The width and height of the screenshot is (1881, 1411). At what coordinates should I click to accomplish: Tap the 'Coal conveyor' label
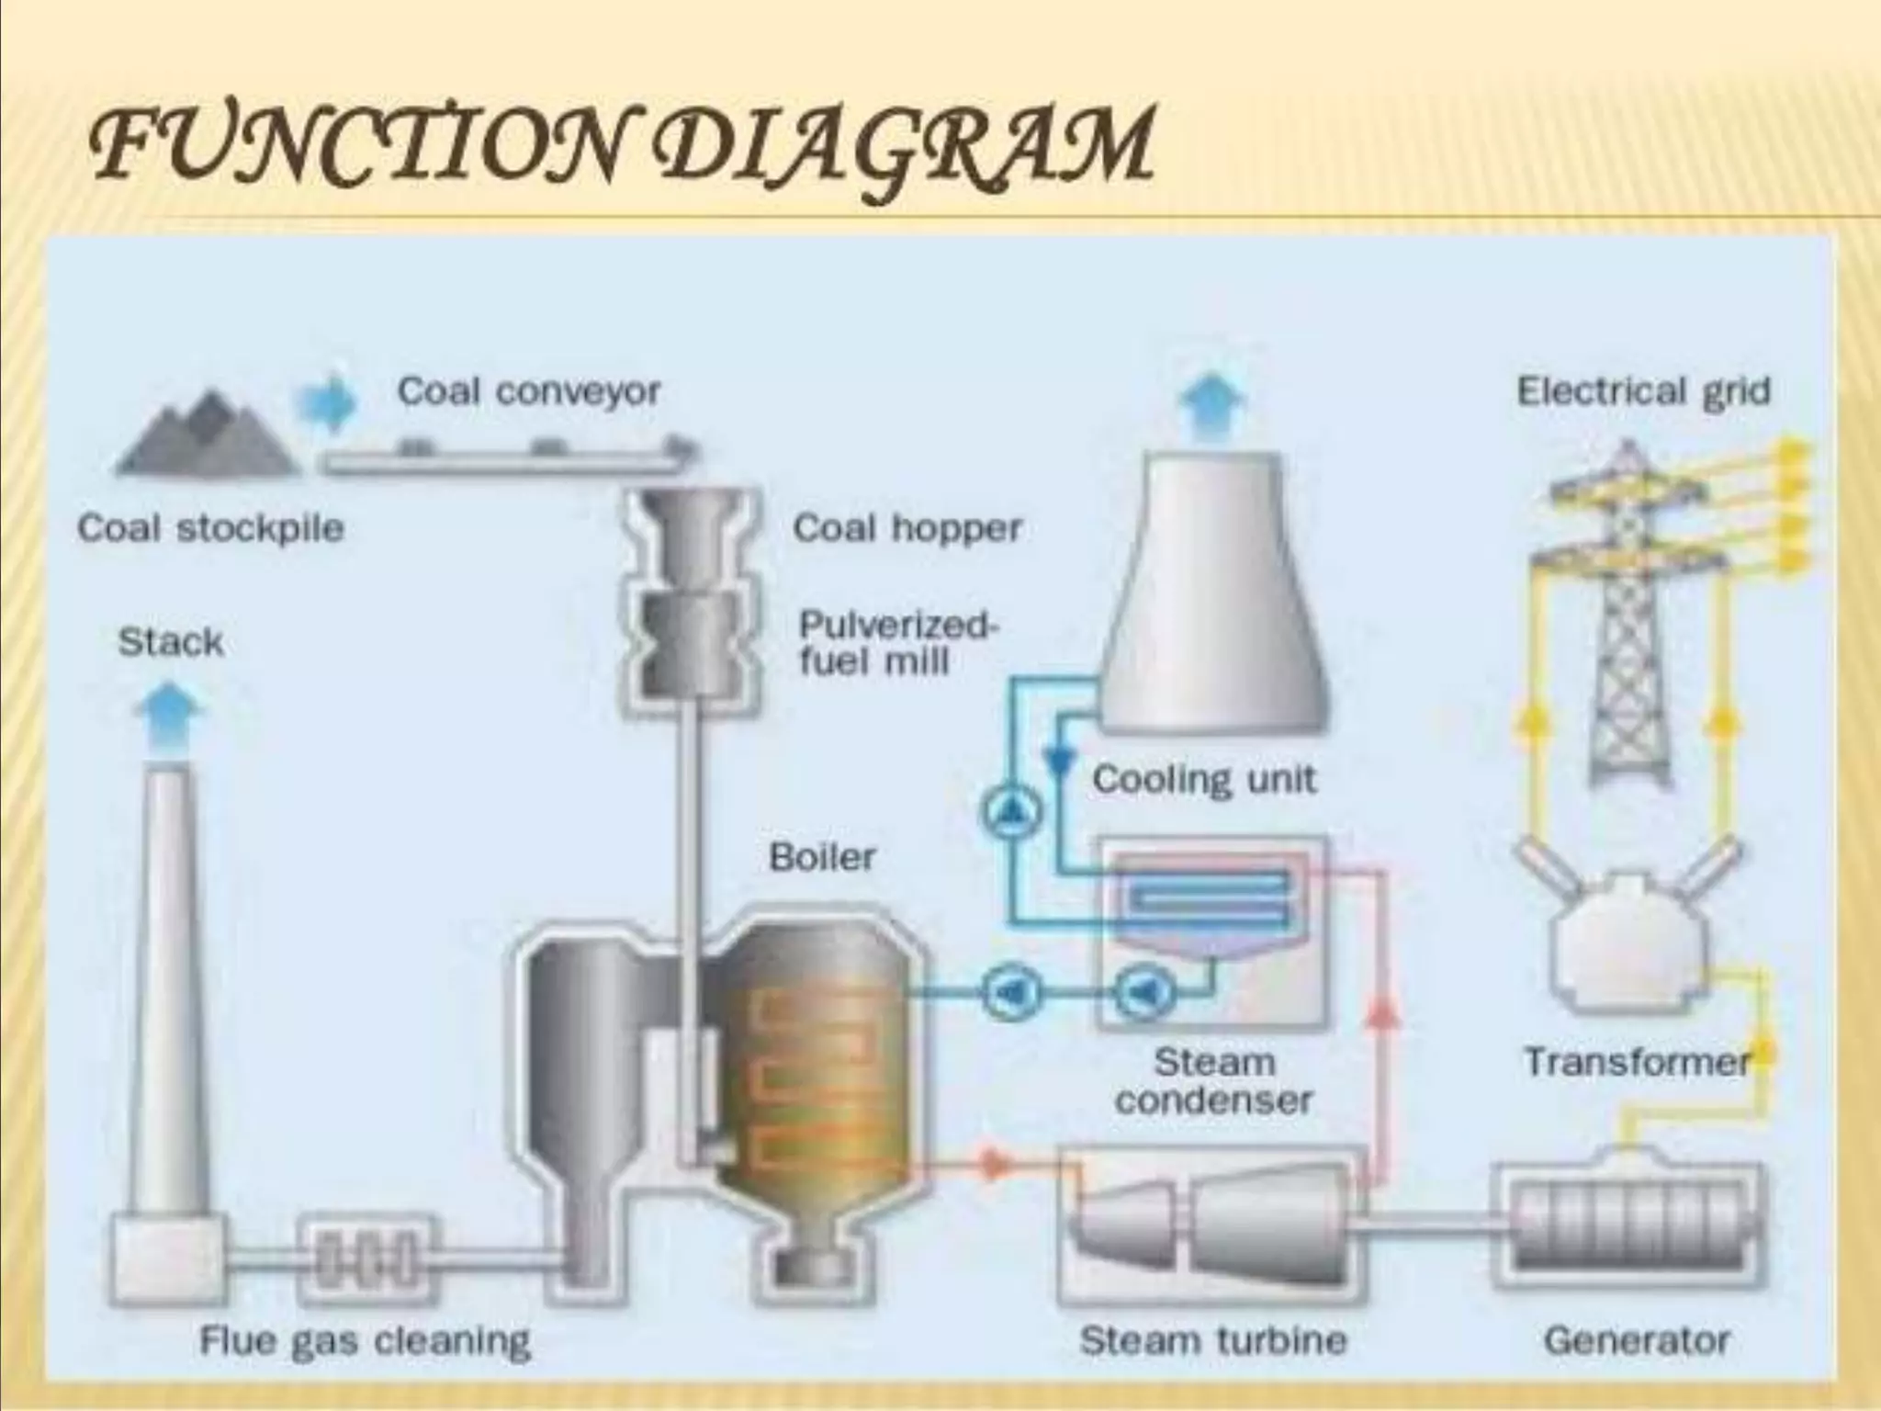coord(528,392)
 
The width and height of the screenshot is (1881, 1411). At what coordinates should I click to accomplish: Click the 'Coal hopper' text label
coord(907,528)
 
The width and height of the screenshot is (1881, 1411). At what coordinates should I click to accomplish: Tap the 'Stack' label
coord(171,642)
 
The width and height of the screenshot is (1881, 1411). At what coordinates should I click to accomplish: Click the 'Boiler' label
coord(822,857)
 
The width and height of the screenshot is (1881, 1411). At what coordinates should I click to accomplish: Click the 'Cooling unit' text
coord(1203,780)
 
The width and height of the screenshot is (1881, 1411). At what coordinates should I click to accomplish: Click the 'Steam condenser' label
coord(1214,1080)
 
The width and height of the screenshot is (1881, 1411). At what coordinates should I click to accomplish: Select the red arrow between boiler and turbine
coord(992,1163)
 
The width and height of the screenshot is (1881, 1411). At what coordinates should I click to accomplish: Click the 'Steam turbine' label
coord(1212,1340)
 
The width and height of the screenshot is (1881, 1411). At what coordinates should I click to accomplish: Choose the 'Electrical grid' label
coord(1643,391)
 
